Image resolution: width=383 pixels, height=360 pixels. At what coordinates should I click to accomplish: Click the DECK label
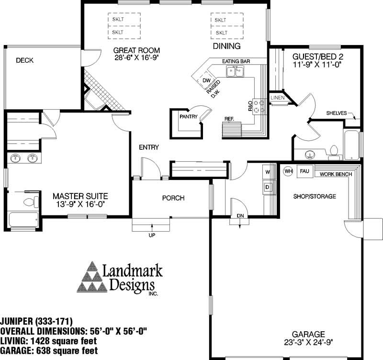coord(24,60)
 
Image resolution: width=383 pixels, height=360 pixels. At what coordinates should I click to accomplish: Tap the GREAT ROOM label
coord(137,50)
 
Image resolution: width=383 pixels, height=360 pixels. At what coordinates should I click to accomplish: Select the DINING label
coord(226,46)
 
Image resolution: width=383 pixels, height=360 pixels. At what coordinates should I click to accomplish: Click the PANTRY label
coord(189,116)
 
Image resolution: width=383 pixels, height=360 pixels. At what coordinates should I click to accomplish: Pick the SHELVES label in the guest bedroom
coord(336,113)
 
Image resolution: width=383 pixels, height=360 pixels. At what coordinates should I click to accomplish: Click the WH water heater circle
coord(288,171)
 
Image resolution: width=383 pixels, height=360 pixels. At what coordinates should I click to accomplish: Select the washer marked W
coord(268,171)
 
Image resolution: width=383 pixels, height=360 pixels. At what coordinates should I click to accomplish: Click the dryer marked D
coord(268,186)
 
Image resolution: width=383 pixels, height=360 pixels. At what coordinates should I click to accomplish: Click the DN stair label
coord(240,216)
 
